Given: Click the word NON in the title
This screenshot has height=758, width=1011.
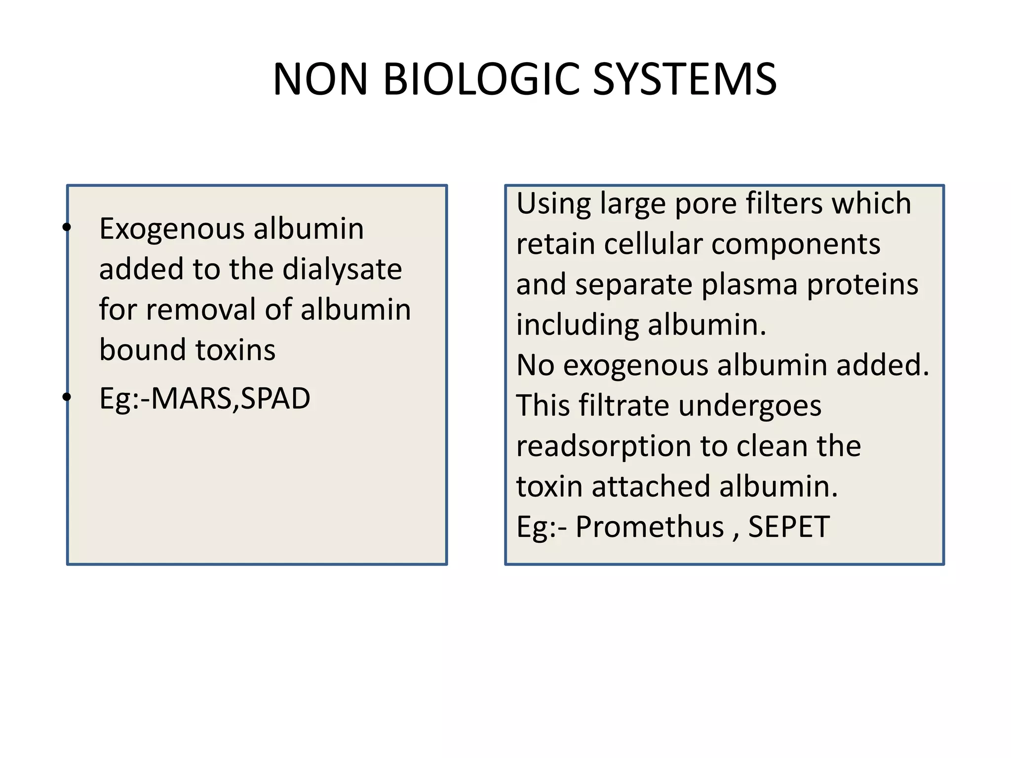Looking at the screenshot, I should click(x=320, y=79).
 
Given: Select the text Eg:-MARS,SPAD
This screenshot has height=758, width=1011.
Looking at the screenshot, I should click(x=204, y=398).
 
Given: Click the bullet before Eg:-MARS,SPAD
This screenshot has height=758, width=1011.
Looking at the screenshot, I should click(x=67, y=396).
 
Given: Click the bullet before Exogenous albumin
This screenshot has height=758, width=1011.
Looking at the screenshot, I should click(x=67, y=227).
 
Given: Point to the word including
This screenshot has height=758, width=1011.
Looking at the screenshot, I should click(x=578, y=326).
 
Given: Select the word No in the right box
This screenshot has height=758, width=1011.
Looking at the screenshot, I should click(x=535, y=365).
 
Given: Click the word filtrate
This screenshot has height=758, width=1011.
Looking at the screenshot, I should click(x=623, y=406).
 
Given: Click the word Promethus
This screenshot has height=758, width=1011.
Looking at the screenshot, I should click(x=650, y=527).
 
